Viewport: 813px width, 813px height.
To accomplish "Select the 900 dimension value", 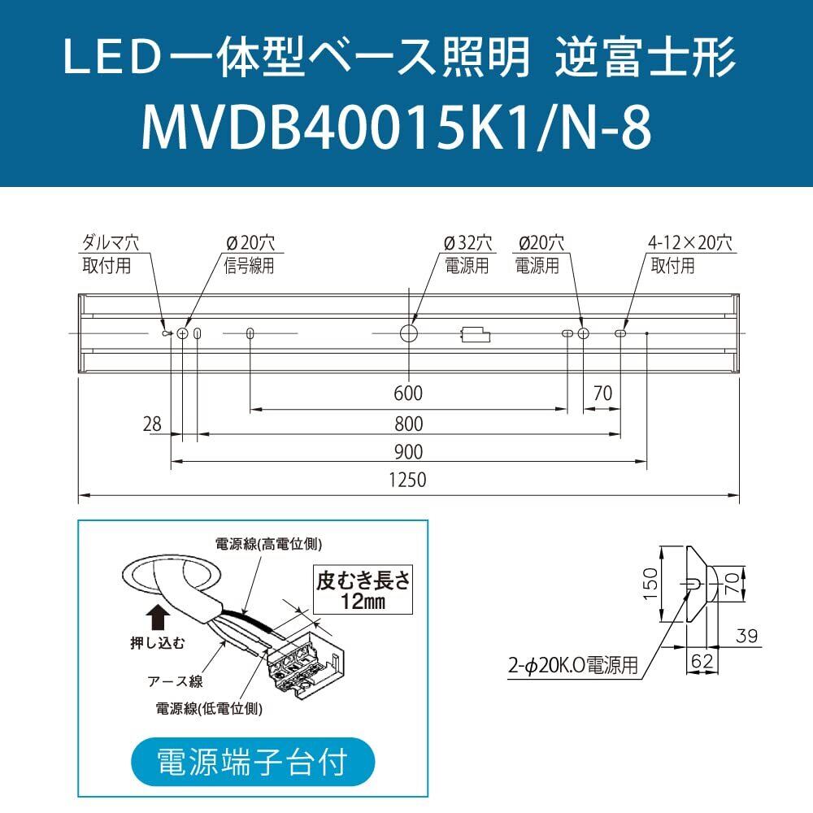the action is [x=407, y=452].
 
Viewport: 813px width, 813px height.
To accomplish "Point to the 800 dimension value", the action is [x=407, y=424].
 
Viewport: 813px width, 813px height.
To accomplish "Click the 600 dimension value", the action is [x=407, y=394].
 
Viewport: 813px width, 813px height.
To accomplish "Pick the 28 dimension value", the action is [x=152, y=424].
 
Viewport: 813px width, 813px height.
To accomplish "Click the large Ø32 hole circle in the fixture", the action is [x=408, y=333].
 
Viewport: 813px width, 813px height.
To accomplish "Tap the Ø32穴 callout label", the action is [x=467, y=242].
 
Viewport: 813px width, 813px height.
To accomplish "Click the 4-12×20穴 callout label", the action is [x=690, y=242].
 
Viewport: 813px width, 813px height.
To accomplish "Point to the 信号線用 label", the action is [x=249, y=265].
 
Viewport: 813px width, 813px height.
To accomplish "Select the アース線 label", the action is [x=175, y=681].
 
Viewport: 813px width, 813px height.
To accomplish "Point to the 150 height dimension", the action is [x=650, y=584].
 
